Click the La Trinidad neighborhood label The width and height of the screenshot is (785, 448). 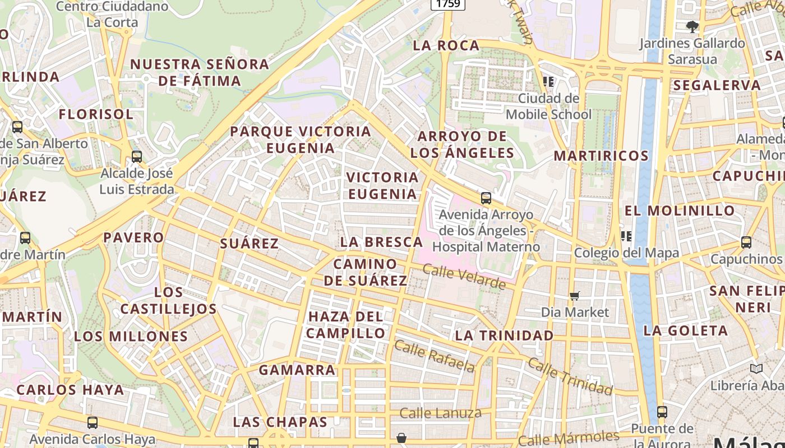(x=504, y=335)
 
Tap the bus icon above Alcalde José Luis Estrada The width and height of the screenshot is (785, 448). (x=137, y=157)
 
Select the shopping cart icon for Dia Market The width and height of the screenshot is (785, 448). (x=574, y=296)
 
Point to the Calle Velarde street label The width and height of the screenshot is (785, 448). (x=464, y=277)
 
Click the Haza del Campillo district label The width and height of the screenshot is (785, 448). (x=346, y=325)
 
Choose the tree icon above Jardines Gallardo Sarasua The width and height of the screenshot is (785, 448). (x=692, y=26)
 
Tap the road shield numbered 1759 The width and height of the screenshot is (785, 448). (x=448, y=4)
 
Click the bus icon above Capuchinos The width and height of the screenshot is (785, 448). (x=746, y=242)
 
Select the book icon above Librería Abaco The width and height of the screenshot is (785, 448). (x=756, y=368)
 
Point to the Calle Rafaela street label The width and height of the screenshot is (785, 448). (x=434, y=356)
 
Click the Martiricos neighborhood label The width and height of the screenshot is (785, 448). (x=601, y=156)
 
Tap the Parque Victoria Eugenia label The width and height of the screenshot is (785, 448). (x=301, y=140)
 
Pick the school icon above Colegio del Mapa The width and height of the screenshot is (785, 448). (x=626, y=236)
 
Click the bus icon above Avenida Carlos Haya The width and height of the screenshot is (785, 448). (x=93, y=423)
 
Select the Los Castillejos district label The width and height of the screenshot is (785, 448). (x=168, y=301)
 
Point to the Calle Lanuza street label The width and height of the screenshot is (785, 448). (x=440, y=414)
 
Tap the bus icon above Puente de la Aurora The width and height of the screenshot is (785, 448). (x=662, y=412)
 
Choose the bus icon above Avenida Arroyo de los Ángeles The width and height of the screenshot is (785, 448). (x=486, y=198)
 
